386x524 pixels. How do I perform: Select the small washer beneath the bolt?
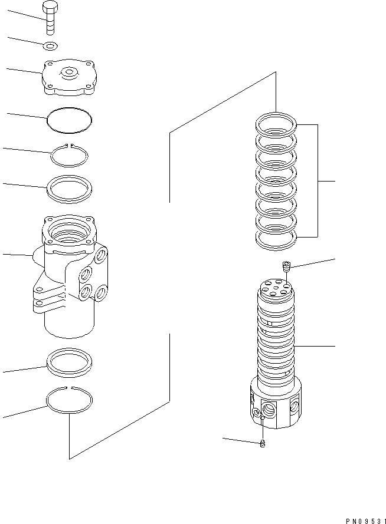[51, 45]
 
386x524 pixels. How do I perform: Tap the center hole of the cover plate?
[70, 73]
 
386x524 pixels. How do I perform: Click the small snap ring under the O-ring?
[70, 157]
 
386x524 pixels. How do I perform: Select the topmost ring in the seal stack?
[275, 125]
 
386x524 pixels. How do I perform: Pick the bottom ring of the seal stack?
[275, 239]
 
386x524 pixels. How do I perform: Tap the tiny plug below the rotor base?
[263, 443]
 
